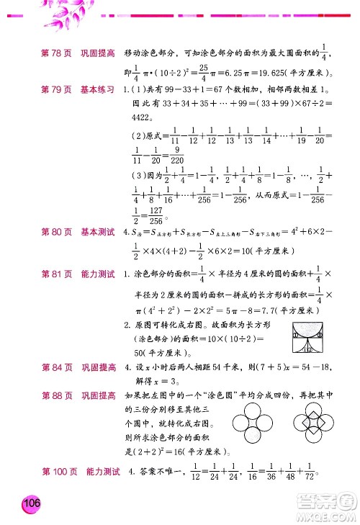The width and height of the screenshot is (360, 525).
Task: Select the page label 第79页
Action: pos(56,90)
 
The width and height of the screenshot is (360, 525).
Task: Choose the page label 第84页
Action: pos(56,367)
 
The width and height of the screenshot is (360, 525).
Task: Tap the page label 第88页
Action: pos(56,394)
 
